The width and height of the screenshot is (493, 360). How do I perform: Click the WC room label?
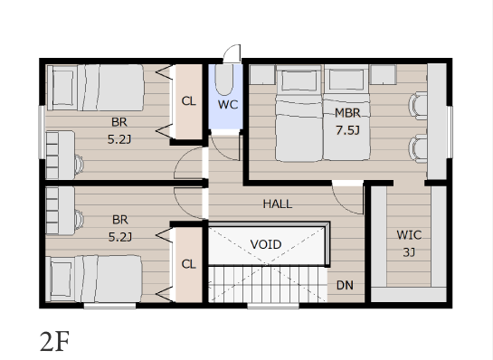pyautogui.click(x=228, y=105)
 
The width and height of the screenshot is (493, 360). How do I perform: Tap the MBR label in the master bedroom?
pyautogui.click(x=347, y=113)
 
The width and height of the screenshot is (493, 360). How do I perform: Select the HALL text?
pyautogui.click(x=278, y=204)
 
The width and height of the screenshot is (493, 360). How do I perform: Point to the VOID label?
pyautogui.click(x=266, y=244)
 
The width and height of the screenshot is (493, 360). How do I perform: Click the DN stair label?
pyautogui.click(x=345, y=285)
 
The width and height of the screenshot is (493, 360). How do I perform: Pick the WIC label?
pyautogui.click(x=409, y=235)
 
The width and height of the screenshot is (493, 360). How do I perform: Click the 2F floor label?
pyautogui.click(x=54, y=342)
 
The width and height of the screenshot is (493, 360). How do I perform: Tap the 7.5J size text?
pyautogui.click(x=347, y=130)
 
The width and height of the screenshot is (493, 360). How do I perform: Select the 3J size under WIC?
pyautogui.click(x=409, y=252)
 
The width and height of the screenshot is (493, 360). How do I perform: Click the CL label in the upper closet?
pyautogui.click(x=189, y=101)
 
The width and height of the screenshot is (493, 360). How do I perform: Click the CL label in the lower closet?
pyautogui.click(x=189, y=264)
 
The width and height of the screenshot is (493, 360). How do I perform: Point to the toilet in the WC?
pyautogui.click(x=223, y=80)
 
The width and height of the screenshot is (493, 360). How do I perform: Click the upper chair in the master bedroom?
pyautogui.click(x=418, y=106)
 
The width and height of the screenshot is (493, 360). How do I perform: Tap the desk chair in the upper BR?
pyautogui.click(x=79, y=165)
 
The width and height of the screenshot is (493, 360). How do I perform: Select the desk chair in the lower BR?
pyautogui.click(x=79, y=219)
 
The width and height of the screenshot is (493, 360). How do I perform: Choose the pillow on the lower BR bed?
pyautogui.click(x=61, y=279)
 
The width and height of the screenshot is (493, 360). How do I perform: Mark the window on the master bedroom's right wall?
pyautogui.click(x=450, y=132)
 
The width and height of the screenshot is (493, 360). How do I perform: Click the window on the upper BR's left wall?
pyautogui.click(x=42, y=132)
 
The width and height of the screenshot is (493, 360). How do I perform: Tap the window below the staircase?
pyautogui.click(x=273, y=305)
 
